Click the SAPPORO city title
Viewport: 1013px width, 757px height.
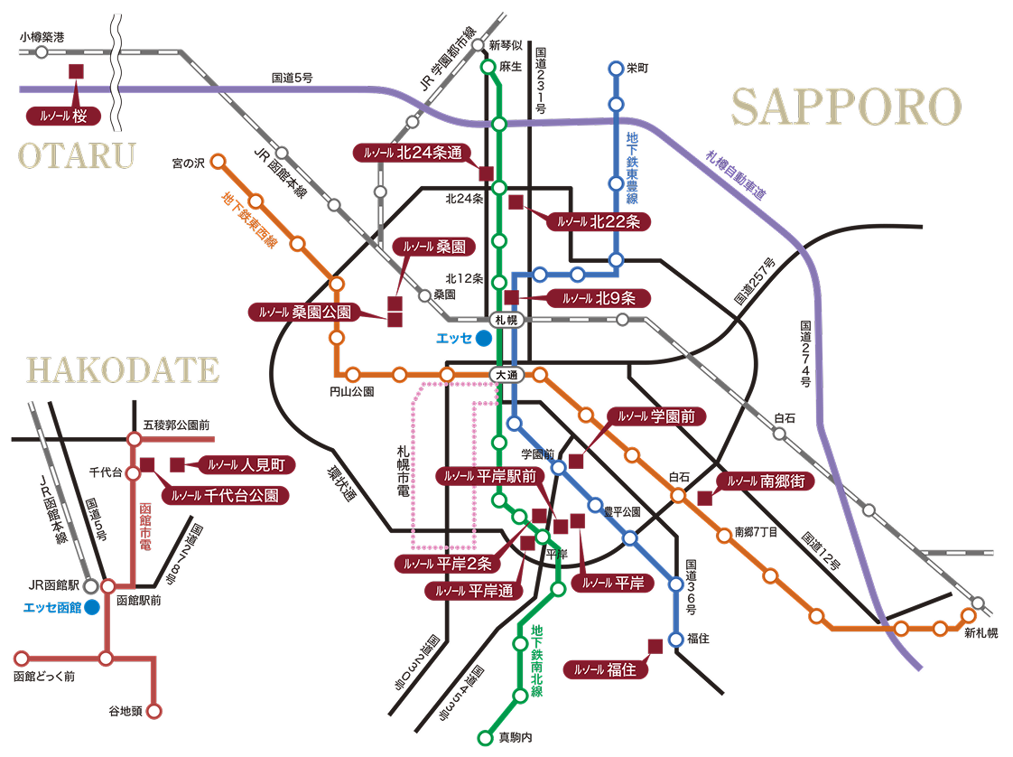[846, 107]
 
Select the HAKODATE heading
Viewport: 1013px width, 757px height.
[123, 370]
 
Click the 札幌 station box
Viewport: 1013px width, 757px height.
[506, 320]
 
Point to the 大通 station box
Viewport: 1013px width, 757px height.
[504, 374]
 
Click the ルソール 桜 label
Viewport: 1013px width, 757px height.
[67, 116]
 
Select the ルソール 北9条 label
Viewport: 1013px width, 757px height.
[599, 297]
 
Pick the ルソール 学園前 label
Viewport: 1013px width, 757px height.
[656, 416]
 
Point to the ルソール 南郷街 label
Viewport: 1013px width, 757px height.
[766, 481]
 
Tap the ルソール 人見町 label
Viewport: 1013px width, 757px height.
[246, 465]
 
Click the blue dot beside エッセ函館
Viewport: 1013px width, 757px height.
[92, 607]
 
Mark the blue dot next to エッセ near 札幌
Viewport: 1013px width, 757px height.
[484, 339]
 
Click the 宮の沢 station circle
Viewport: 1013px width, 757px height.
[217, 163]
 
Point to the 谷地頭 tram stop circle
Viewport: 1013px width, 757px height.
[154, 711]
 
